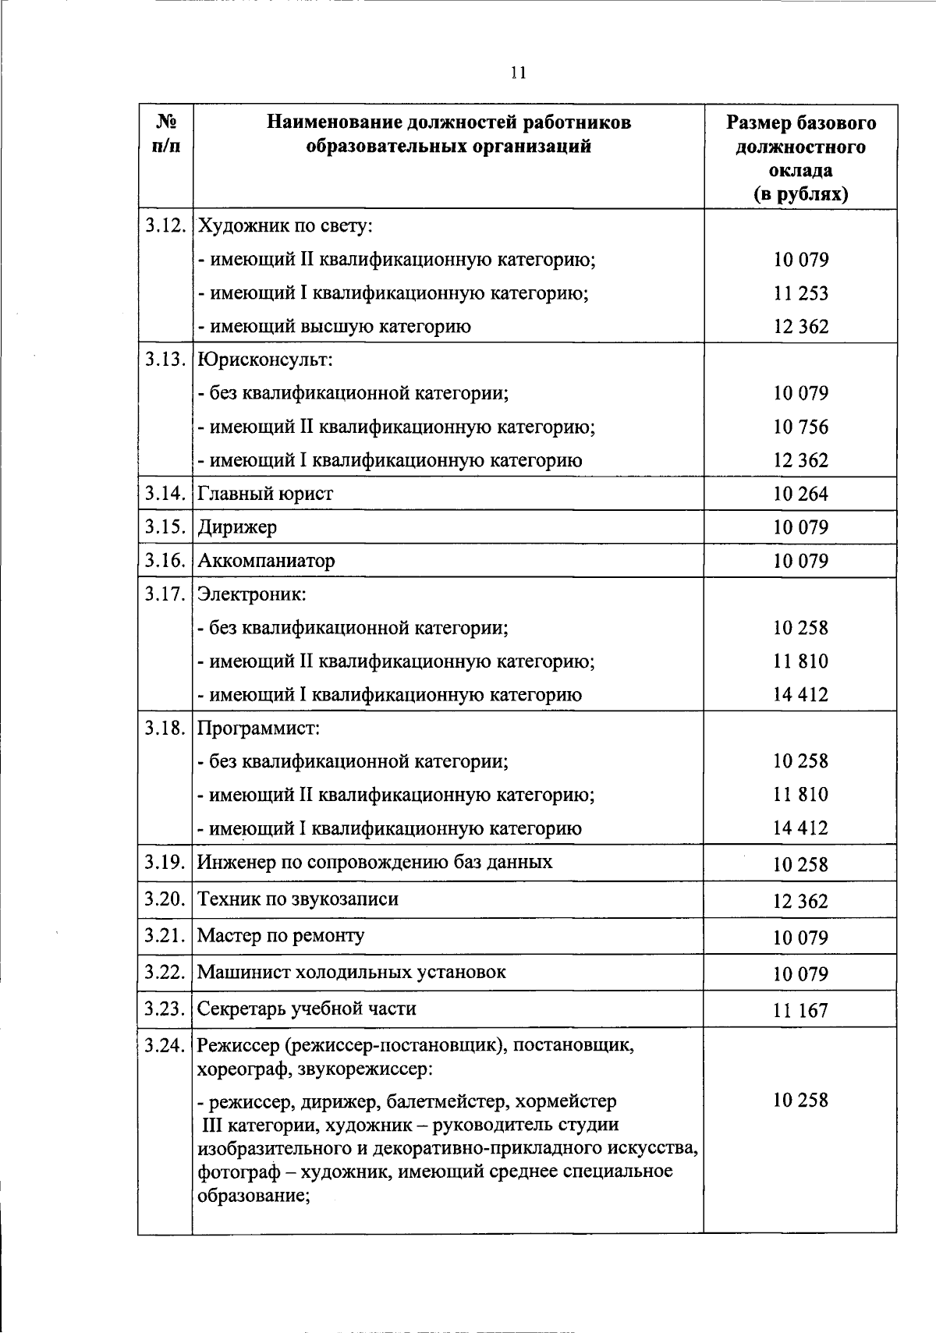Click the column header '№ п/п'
click(165, 134)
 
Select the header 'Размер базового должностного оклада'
click(800, 158)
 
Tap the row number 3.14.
click(165, 494)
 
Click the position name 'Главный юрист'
click(265, 494)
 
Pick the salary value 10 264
click(800, 494)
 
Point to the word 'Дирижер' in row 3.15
click(237, 527)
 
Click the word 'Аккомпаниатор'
click(266, 561)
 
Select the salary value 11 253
click(800, 293)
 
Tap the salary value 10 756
click(800, 427)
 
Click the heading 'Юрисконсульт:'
click(265, 360)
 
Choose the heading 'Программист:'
click(259, 729)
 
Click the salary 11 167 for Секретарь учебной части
click(800, 1011)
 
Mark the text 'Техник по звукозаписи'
click(298, 899)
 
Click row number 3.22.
click(165, 973)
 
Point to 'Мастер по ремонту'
click(281, 936)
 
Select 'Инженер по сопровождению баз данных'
click(374, 863)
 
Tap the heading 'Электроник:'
click(252, 594)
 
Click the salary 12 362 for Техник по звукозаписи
click(800, 902)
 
